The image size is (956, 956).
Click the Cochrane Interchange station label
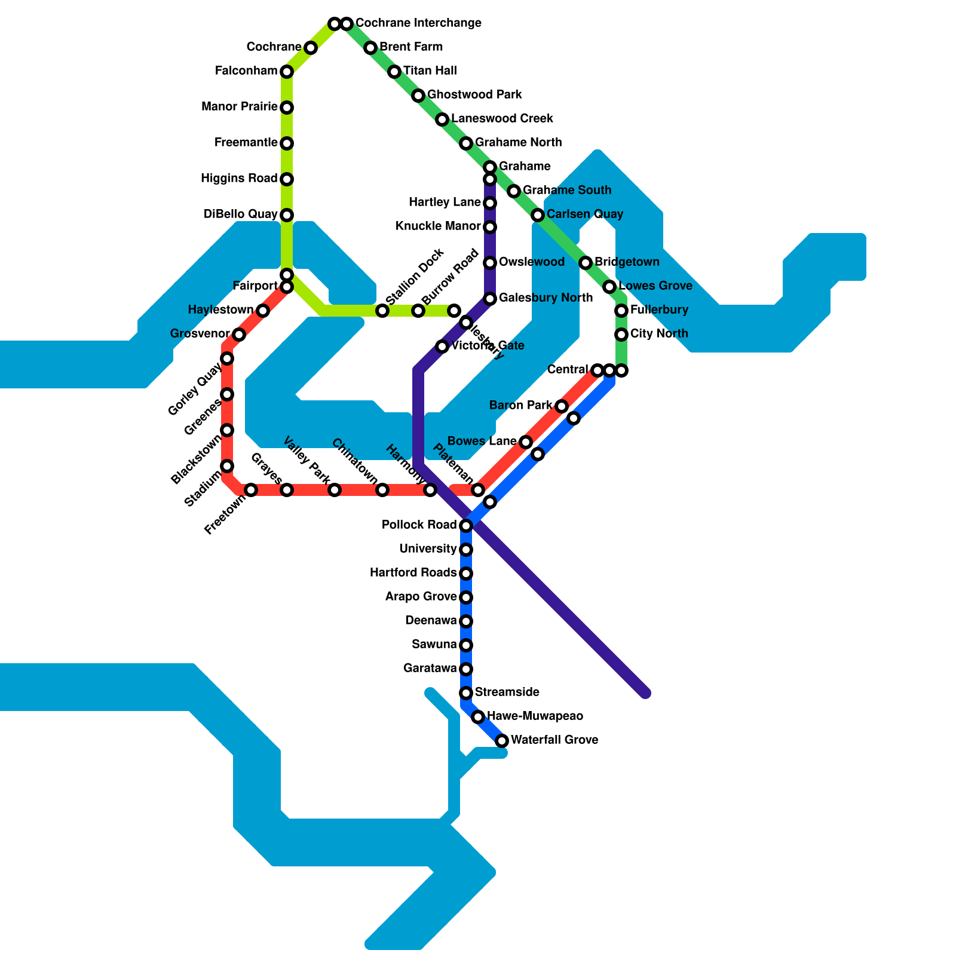coord(418,23)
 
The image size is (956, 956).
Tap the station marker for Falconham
coord(287,72)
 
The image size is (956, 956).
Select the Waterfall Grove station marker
coord(502,741)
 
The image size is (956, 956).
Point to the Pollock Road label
coord(419,525)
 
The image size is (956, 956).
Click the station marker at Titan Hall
coord(394,72)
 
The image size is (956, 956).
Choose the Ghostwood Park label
coord(474,95)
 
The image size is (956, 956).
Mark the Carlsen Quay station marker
coord(538,215)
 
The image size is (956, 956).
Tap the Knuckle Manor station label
coord(438,226)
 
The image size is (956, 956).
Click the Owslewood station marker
coord(490,263)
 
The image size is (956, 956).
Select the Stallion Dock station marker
coord(382,311)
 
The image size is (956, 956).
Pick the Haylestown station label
coord(220,310)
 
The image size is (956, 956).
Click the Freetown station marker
coord(251,490)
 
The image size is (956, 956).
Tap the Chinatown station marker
coord(382,490)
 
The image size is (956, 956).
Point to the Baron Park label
coord(520,406)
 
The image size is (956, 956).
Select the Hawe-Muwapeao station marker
coord(478,717)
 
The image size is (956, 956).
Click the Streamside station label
coord(507,693)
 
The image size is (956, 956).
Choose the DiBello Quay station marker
coord(287,215)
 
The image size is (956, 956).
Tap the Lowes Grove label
coord(655,286)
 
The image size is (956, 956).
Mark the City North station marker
coord(621,335)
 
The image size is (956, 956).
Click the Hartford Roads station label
coord(413,573)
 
